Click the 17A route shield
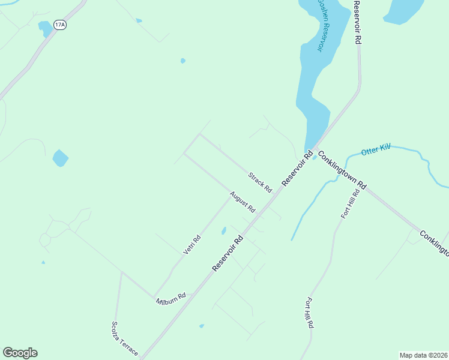pyautogui.click(x=59, y=25)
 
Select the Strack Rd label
pyautogui.click(x=261, y=182)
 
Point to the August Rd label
pyautogui.click(x=243, y=202)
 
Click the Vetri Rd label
pyautogui.click(x=192, y=244)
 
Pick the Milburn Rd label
pyautogui.click(x=171, y=297)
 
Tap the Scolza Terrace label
pyautogui.click(x=125, y=338)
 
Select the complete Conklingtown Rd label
pyautogui.click(x=342, y=170)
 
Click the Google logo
pyautogui.click(x=20, y=353)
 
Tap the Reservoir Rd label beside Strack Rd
pyautogui.click(x=298, y=169)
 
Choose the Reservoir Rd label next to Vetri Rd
pyautogui.click(x=229, y=253)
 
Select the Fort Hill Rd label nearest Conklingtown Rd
pyautogui.click(x=351, y=204)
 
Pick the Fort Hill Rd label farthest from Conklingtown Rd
pyautogui.click(x=310, y=313)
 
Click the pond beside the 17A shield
pyautogui.click(x=45, y=28)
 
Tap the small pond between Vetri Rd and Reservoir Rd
pyautogui.click(x=223, y=230)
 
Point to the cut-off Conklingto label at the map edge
pyautogui.click(x=434, y=242)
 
